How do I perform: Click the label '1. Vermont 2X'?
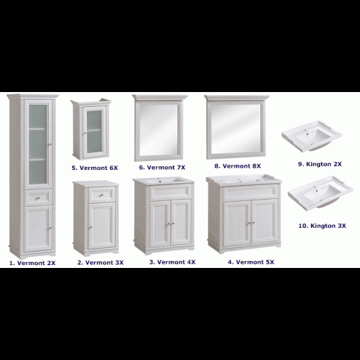tap(33, 263)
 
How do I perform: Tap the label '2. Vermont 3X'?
tap(100, 263)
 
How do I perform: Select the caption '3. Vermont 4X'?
tap(172, 262)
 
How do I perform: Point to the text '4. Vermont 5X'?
tap(251, 262)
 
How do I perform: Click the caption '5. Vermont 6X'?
tap(95, 168)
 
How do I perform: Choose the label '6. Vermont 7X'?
tap(162, 168)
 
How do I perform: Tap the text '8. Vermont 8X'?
tap(238, 166)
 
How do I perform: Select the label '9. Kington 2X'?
tap(320, 164)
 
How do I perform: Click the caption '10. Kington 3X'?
tap(322, 226)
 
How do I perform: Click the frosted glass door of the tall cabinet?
tap(39, 144)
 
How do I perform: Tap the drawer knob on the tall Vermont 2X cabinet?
tap(38, 198)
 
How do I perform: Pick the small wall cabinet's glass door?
tap(94, 132)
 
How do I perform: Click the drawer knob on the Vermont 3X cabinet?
tap(101, 195)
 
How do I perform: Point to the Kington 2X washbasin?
tap(312, 136)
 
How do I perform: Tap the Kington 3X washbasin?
tap(321, 193)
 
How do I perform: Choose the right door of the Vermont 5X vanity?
tap(264, 221)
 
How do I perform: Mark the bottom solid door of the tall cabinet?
tap(39, 229)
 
